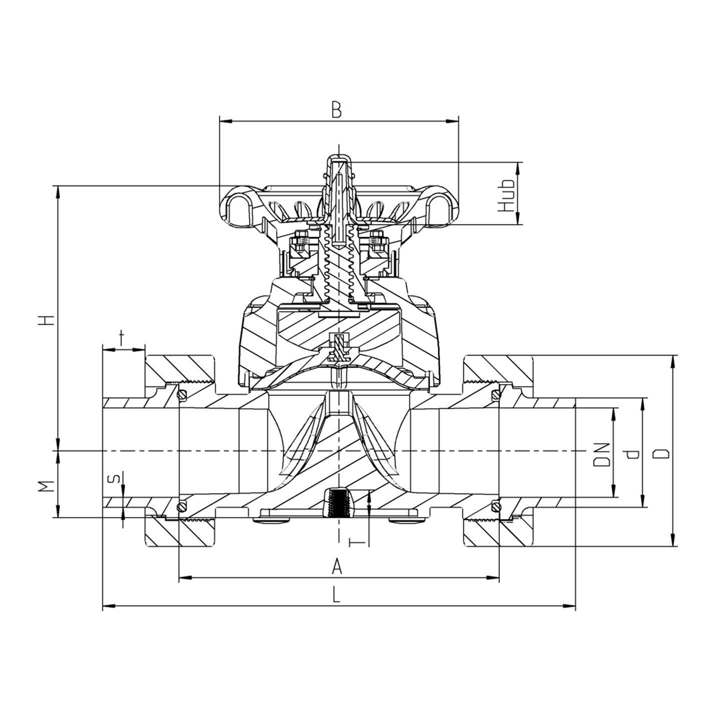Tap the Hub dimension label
tap(506, 195)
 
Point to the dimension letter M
tap(47, 486)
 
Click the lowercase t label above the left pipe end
tap(122, 338)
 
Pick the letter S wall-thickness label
tap(115, 479)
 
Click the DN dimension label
tap(601, 454)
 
